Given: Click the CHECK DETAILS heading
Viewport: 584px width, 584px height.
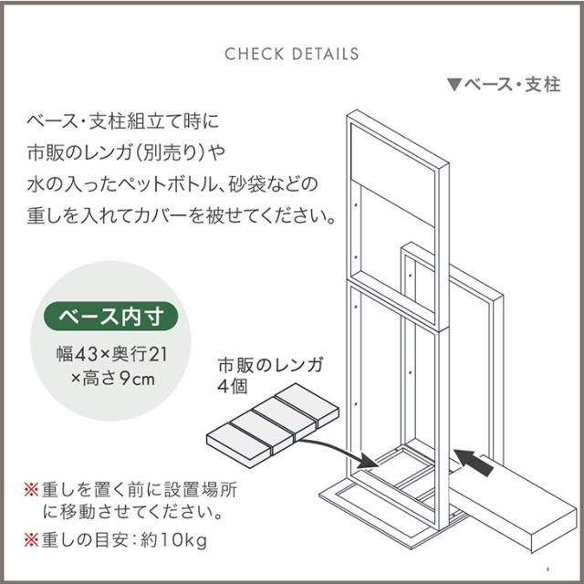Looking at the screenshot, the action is (x=292, y=54).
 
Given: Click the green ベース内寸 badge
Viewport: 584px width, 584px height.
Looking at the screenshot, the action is (x=111, y=317).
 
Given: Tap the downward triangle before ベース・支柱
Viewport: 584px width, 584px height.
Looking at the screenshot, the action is (x=454, y=85).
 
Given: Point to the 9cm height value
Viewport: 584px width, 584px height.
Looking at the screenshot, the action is (x=137, y=380).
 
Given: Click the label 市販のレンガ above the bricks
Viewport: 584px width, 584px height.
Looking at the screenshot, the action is (x=271, y=365).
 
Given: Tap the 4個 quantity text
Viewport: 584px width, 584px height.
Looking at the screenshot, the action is (x=233, y=386).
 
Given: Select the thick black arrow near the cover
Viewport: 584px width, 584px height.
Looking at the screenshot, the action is (x=474, y=463).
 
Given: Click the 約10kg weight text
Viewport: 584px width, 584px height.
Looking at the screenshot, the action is (x=173, y=540).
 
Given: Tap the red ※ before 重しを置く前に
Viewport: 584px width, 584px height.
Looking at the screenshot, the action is (x=31, y=489).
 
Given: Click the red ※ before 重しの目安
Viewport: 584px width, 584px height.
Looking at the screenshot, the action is (x=31, y=540).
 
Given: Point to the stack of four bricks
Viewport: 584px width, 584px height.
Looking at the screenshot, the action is (x=273, y=420).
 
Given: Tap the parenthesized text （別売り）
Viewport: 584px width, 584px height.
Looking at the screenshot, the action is (x=170, y=152).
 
